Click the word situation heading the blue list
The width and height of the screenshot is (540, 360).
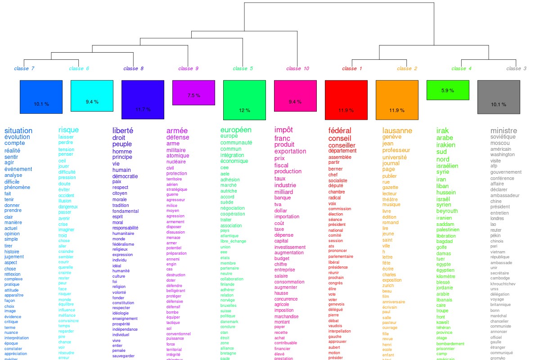(18, 130)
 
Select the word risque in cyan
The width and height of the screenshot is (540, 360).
(68, 130)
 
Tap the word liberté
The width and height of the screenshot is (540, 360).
(123, 130)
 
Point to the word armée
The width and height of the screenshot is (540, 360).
(177, 130)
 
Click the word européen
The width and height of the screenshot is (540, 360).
(236, 130)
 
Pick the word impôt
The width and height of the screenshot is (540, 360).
(283, 130)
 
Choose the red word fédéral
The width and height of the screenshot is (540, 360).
(340, 130)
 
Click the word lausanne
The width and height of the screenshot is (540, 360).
(397, 130)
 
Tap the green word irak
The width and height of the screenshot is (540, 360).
(442, 130)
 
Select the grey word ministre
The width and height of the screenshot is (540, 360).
(504, 130)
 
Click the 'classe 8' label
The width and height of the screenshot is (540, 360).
(134, 68)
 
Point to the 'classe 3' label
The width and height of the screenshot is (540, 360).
(516, 68)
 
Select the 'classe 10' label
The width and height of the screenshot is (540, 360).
(298, 68)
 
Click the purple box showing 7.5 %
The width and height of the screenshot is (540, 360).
(193, 93)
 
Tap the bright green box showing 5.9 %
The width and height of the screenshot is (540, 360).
(448, 90)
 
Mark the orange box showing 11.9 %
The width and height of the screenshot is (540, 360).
(397, 100)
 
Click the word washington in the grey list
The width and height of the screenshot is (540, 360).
(502, 154)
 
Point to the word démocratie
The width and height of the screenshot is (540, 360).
(125, 176)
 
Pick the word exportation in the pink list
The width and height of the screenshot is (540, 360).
(290, 151)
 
